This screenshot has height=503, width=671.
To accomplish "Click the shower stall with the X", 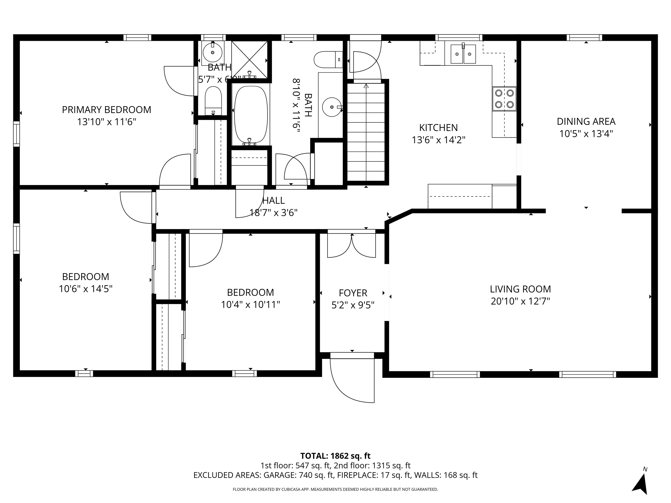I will click(x=249, y=59).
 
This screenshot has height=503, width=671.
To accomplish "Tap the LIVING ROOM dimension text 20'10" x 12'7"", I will click(x=520, y=301).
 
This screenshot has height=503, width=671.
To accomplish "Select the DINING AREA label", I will click(x=586, y=122).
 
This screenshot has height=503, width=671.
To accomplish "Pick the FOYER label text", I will click(x=353, y=293).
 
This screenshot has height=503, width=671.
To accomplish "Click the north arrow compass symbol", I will click(x=641, y=485).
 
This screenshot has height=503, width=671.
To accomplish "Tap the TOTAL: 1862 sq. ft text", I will click(x=335, y=456).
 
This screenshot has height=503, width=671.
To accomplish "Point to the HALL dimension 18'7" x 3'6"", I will click(x=273, y=213).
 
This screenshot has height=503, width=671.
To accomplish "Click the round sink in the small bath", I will click(x=212, y=53).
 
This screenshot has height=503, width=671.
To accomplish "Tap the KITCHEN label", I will click(x=438, y=128).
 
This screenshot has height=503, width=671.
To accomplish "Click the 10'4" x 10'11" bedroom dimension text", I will click(x=250, y=304).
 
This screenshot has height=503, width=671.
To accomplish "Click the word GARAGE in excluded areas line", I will click(x=279, y=475).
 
